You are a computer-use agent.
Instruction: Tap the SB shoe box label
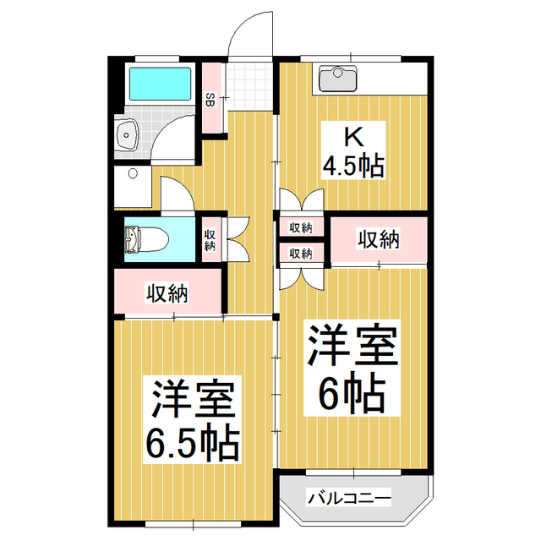click(210, 98)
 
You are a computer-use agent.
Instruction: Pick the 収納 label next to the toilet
click(210, 239)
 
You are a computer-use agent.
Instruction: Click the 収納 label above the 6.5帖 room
click(167, 294)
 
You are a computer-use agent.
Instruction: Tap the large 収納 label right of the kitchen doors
click(378, 240)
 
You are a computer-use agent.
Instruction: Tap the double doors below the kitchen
click(301, 204)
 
